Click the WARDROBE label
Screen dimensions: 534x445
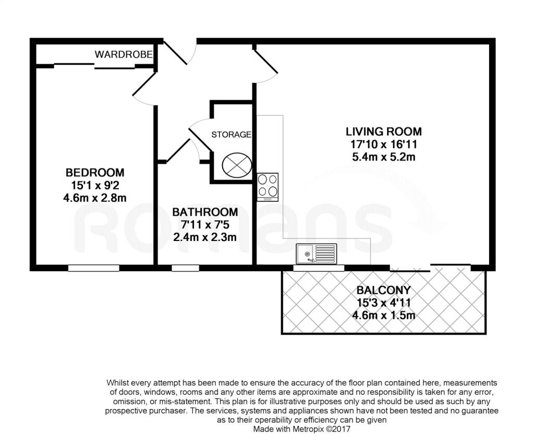point(124,54)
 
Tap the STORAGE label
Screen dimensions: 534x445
point(231,135)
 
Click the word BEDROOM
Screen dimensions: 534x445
point(95,172)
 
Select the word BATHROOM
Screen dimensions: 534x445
point(205,212)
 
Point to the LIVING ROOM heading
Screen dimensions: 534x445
point(384,131)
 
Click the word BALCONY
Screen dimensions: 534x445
point(384,290)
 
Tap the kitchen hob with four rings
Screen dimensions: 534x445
point(268,187)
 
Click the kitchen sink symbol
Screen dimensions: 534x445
point(317,254)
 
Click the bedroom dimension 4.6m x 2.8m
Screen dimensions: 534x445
point(95,198)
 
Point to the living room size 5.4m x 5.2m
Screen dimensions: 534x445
point(384,157)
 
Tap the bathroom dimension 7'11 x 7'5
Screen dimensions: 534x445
point(205,224)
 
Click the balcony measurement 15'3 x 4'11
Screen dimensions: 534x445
point(384,303)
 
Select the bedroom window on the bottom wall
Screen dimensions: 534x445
point(94,268)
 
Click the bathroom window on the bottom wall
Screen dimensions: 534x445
point(185,268)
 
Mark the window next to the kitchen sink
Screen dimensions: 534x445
point(319,268)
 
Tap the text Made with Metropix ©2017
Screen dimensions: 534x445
point(302,429)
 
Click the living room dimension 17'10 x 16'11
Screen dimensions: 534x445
point(384,145)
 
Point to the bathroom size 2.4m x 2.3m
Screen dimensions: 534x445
point(205,237)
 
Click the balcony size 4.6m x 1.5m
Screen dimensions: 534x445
point(384,315)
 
